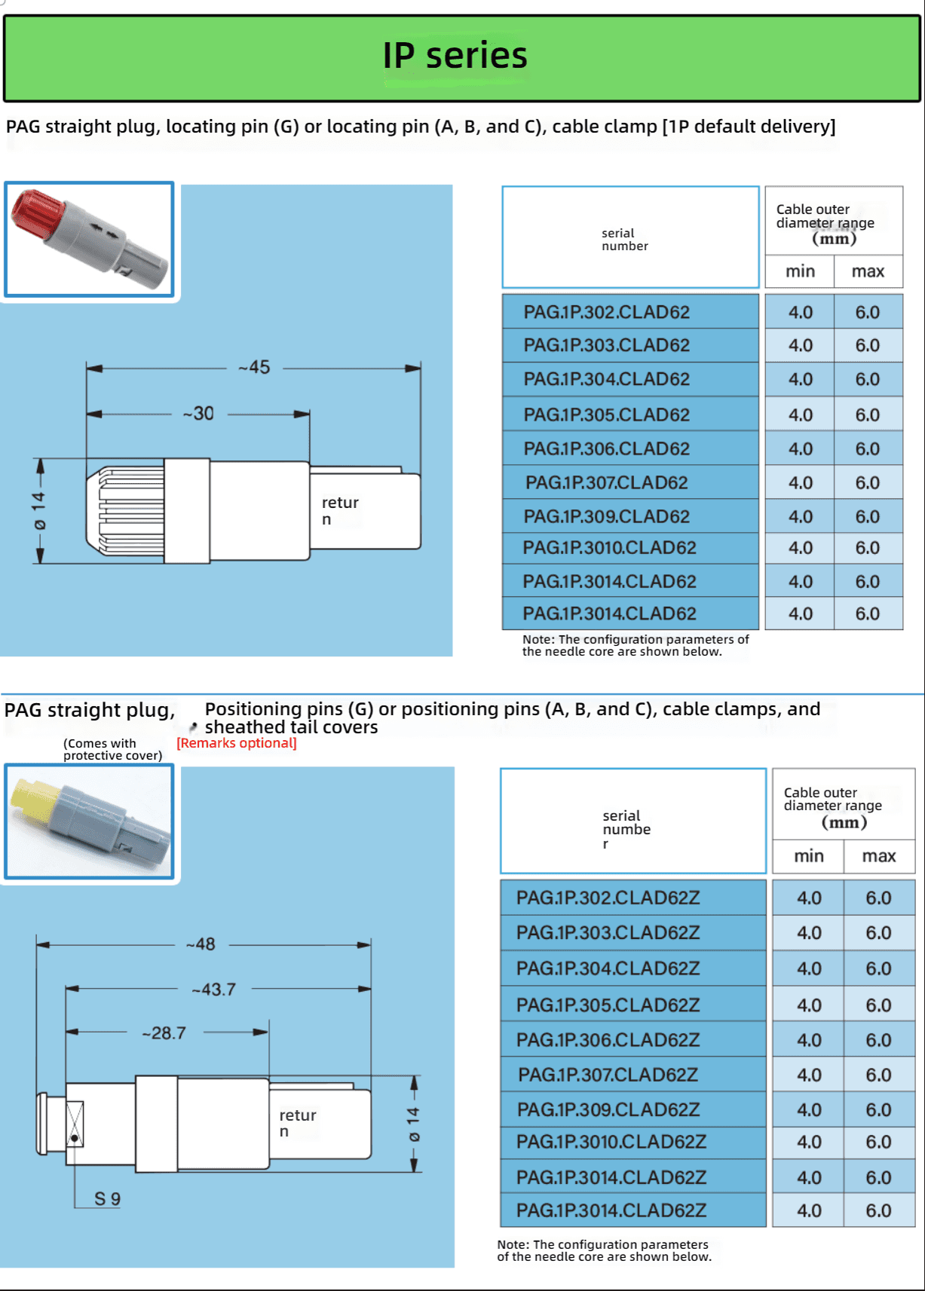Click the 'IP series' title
tap(455, 56)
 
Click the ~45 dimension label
tap(255, 368)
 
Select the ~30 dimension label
tap(199, 414)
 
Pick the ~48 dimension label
tap(201, 944)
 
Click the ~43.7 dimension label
tap(214, 990)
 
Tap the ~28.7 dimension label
tap(164, 1033)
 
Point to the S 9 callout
tap(107, 1199)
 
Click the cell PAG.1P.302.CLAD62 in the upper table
tap(607, 312)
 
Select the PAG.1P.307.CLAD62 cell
tap(607, 482)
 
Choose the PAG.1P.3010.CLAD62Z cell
tap(611, 1143)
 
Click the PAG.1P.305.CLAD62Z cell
tap(608, 1005)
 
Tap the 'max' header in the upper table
tap(868, 271)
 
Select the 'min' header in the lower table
tap(809, 856)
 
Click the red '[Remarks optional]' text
tap(237, 743)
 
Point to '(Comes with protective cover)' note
tap(112, 749)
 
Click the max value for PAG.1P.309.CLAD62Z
tap(878, 1110)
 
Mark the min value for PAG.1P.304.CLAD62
tap(801, 379)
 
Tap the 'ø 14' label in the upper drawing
tap(39, 510)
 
